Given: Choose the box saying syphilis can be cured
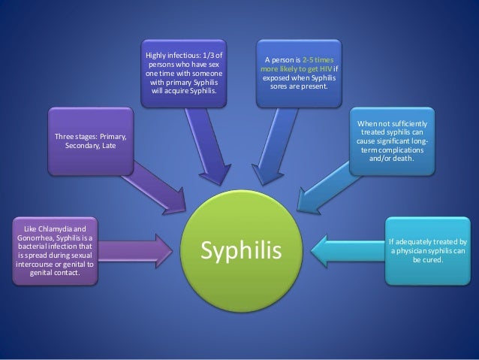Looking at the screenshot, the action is (427, 251).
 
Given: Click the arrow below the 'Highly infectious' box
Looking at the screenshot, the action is (211, 150).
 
